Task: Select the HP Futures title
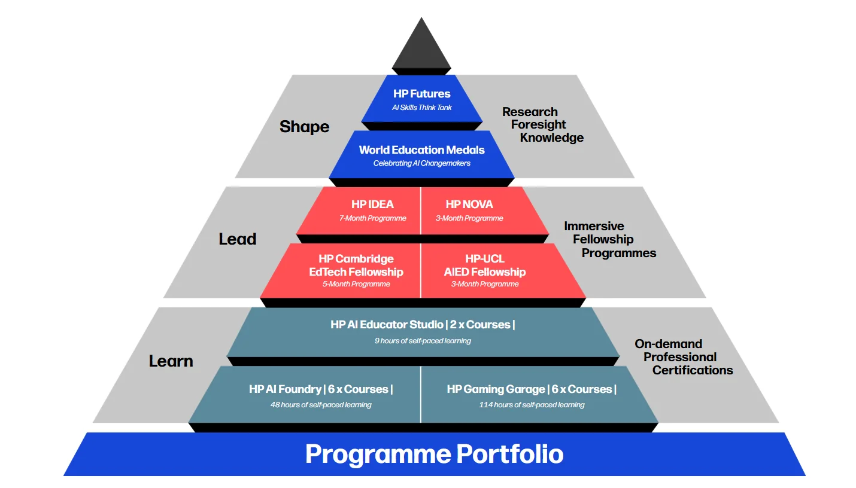tap(422, 93)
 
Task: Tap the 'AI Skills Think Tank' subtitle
tap(422, 108)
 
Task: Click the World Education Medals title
tap(422, 150)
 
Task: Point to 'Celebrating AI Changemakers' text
tap(422, 163)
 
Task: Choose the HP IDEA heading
tap(372, 205)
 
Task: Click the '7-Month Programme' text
tap(372, 218)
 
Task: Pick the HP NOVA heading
tap(469, 205)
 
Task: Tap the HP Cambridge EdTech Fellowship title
tap(356, 266)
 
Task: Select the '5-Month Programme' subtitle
tap(356, 284)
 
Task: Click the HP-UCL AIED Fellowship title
tap(485, 266)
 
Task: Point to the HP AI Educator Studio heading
tap(387, 325)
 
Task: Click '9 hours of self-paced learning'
tap(423, 341)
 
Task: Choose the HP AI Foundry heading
tap(285, 389)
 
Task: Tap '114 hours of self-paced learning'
tap(532, 405)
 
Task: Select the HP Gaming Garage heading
tap(496, 389)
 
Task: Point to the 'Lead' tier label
tap(237, 239)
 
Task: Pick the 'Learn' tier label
tap(171, 361)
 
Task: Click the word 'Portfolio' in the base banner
tap(510, 454)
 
